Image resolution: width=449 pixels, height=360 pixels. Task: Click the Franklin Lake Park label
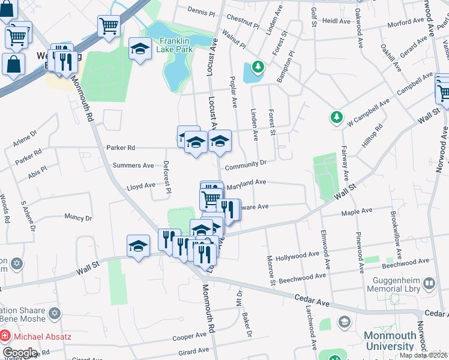tap(176, 45)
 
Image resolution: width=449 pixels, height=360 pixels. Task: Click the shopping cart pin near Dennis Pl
tap(109, 26)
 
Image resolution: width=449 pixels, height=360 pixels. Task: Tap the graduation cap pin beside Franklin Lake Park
tap(140, 48)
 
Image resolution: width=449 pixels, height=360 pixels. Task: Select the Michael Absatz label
tap(42, 336)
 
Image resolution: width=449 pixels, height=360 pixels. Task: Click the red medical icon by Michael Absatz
tap(5, 336)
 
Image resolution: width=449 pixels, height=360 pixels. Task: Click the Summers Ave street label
tap(133, 166)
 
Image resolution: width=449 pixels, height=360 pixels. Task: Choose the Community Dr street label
tap(246, 164)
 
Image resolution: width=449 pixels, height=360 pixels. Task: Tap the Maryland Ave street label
tap(246, 182)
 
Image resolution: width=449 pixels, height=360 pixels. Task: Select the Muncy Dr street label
tap(78, 218)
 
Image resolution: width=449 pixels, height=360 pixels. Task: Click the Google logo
tap(19, 352)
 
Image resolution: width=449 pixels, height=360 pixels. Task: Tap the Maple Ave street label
tap(357, 211)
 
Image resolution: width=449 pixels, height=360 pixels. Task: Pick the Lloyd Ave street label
tap(141, 187)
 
